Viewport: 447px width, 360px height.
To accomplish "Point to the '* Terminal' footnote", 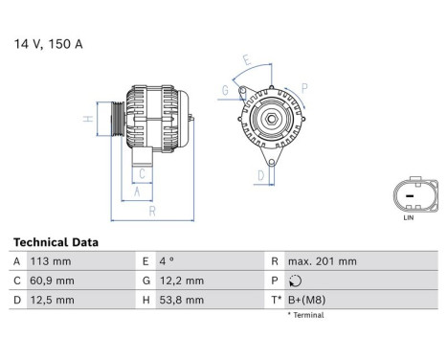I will click(x=305, y=315).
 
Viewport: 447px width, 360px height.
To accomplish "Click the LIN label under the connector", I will click(x=409, y=219).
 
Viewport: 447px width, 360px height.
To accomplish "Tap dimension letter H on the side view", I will click(x=87, y=120).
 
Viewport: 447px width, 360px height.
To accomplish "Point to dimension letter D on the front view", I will click(x=260, y=175).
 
